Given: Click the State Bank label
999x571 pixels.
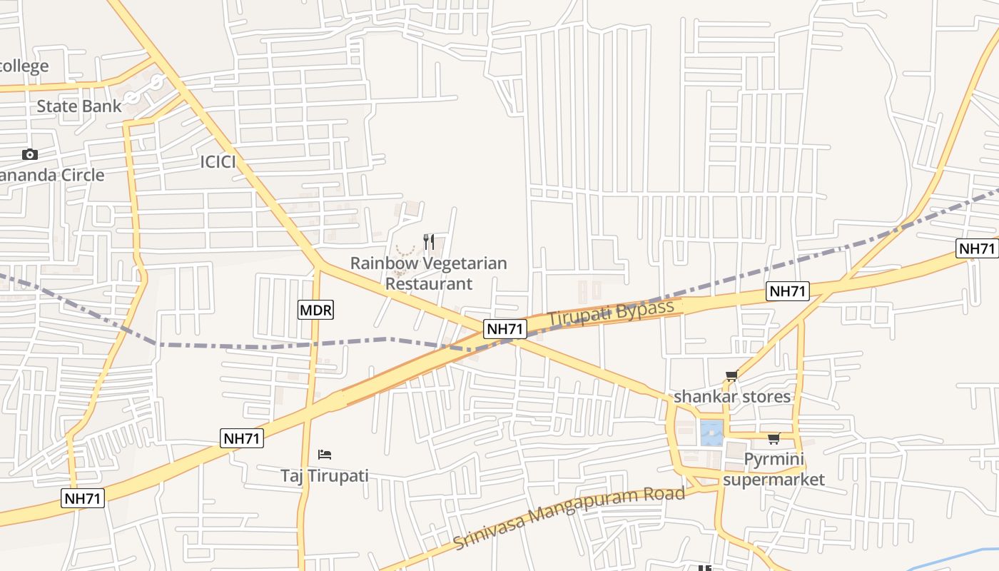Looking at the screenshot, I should [78, 106].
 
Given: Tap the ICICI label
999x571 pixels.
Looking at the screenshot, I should [218, 162].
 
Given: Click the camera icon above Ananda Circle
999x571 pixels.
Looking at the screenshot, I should [29, 154].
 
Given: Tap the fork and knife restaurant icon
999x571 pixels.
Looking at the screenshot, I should [429, 242].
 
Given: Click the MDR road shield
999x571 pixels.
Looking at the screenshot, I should [315, 310].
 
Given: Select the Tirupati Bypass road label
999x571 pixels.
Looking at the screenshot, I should [610, 313].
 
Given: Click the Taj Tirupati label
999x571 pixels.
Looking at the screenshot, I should [324, 475].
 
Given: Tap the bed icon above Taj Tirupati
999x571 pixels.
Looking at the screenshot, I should [325, 454].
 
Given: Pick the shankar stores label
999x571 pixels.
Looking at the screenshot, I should [732, 396].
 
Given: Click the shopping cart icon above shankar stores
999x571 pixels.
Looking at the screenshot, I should [731, 375].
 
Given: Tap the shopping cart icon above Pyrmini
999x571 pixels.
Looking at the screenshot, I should [774, 438].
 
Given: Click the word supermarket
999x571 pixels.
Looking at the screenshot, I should [774, 479].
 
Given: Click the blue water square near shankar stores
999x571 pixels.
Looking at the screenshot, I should [711, 433].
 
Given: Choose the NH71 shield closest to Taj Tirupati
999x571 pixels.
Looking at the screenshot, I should [243, 438].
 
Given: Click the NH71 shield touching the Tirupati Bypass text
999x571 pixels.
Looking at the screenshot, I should [505, 329].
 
